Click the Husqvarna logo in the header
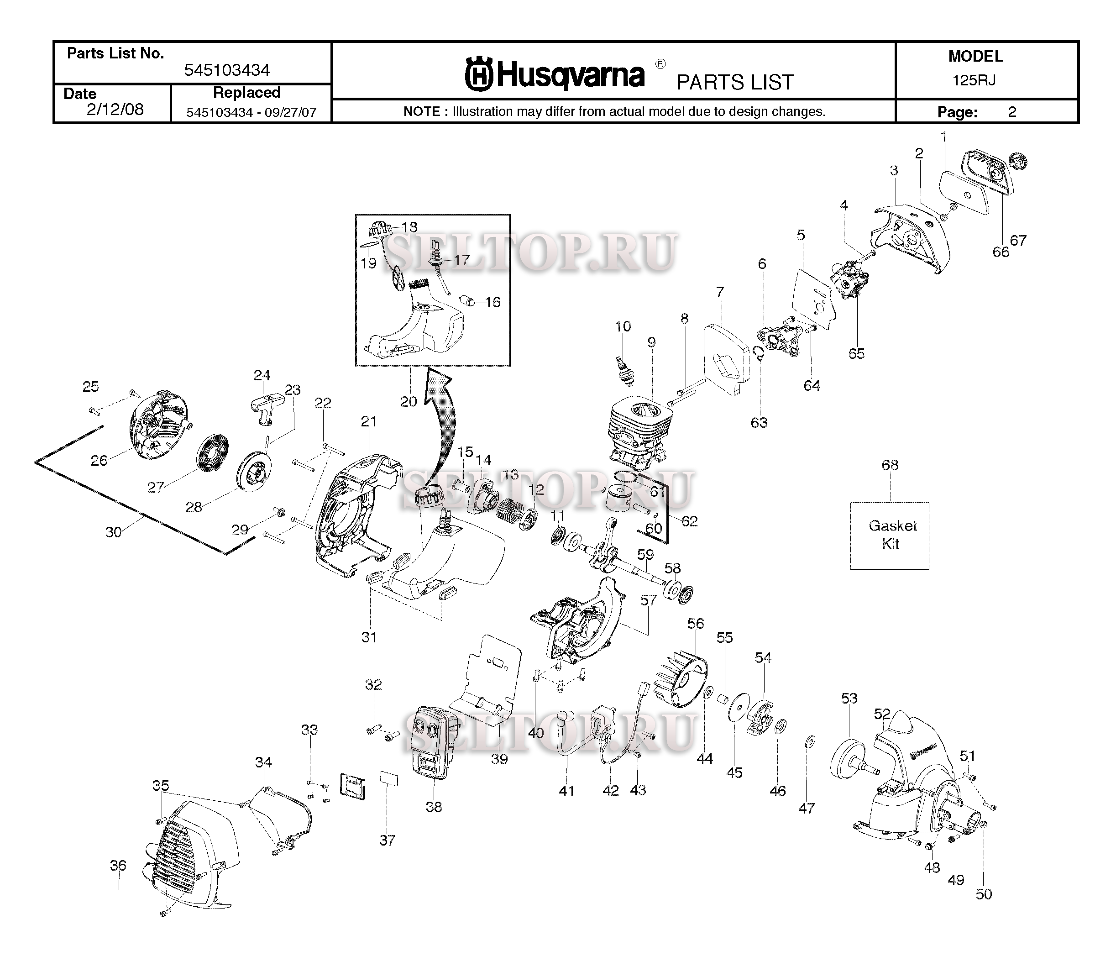555,75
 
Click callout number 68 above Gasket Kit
890,464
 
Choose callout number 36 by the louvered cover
118,865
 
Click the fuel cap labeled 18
379,233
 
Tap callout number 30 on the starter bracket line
113,532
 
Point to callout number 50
984,894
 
